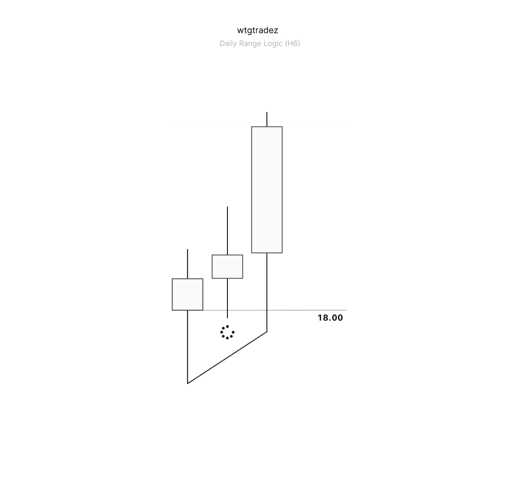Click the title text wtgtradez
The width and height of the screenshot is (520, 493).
click(x=258, y=30)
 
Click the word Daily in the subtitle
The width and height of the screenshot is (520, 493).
click(x=228, y=43)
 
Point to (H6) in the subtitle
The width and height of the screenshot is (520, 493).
click(x=293, y=43)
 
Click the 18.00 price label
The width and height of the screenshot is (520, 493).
click(x=330, y=318)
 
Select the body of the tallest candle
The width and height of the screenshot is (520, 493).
click(x=267, y=189)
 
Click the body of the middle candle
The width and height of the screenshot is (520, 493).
click(x=227, y=267)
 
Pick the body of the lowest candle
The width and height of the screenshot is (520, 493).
click(x=187, y=294)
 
